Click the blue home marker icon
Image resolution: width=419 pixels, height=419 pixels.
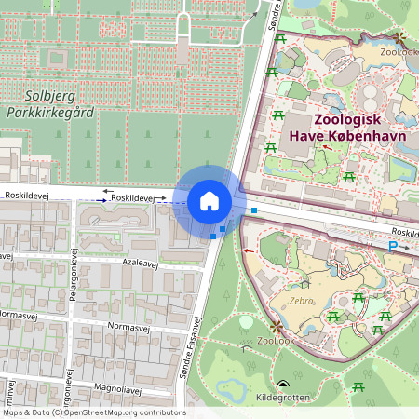[x=209, y=201]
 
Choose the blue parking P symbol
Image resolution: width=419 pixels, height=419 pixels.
[x=393, y=246]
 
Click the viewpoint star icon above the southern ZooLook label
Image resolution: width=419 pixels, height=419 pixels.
[x=276, y=328]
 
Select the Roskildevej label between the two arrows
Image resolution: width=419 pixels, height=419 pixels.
[x=130, y=198]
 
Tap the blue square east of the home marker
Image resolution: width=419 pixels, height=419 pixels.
[x=253, y=210]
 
